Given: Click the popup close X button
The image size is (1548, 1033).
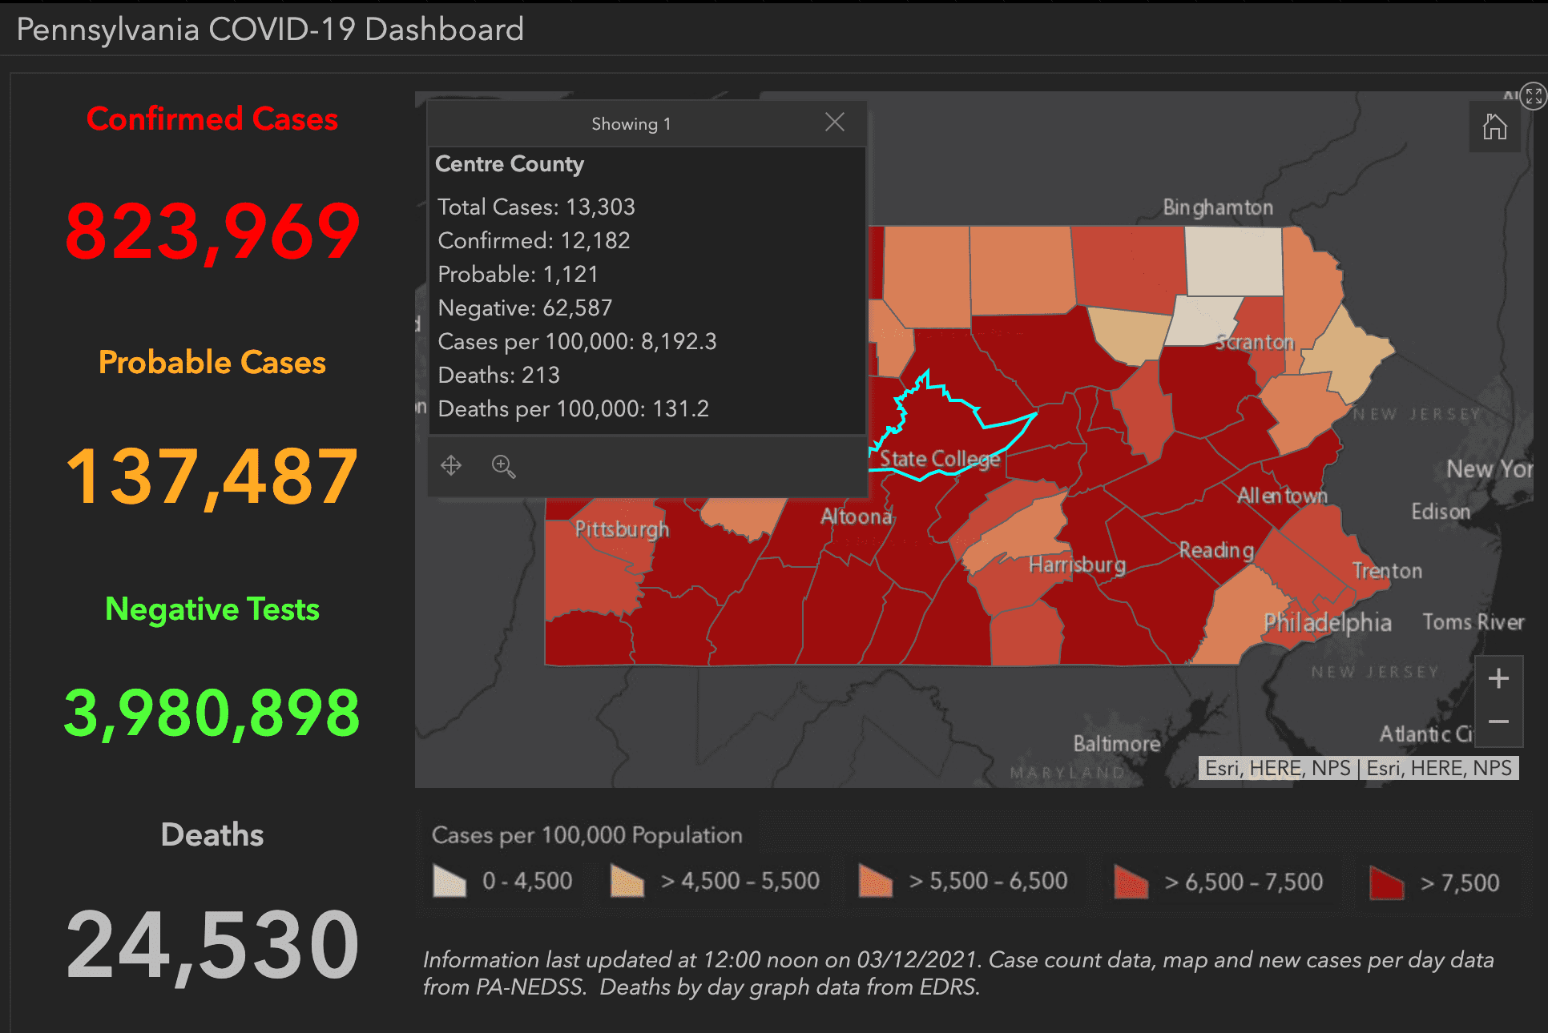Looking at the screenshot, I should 834,123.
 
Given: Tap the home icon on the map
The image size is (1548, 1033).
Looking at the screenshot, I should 1494,127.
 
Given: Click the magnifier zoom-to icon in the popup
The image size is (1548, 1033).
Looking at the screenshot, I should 503,466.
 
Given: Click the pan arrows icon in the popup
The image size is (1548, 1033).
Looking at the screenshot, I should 451,465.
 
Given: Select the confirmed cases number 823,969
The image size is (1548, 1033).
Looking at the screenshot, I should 212,231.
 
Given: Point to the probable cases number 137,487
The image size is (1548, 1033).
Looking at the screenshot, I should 212,477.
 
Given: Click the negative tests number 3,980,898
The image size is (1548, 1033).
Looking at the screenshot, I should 212,713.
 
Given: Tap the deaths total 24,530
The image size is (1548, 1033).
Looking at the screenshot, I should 212,945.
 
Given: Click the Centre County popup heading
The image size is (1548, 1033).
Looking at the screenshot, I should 510,164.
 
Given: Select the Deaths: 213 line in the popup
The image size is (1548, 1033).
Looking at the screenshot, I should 498,375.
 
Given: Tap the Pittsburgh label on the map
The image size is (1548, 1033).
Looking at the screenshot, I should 622,529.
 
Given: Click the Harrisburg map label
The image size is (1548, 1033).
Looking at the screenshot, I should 1077,565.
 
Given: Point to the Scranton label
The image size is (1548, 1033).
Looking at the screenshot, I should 1255,343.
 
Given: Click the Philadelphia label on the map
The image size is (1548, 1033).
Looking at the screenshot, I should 1327,622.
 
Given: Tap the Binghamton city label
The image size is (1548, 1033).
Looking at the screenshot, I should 1218,208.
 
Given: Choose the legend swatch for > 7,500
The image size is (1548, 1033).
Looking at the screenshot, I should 1387,882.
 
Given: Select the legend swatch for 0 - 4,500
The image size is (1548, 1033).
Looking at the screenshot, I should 449,881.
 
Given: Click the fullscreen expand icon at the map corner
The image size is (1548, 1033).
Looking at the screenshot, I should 1533,97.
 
